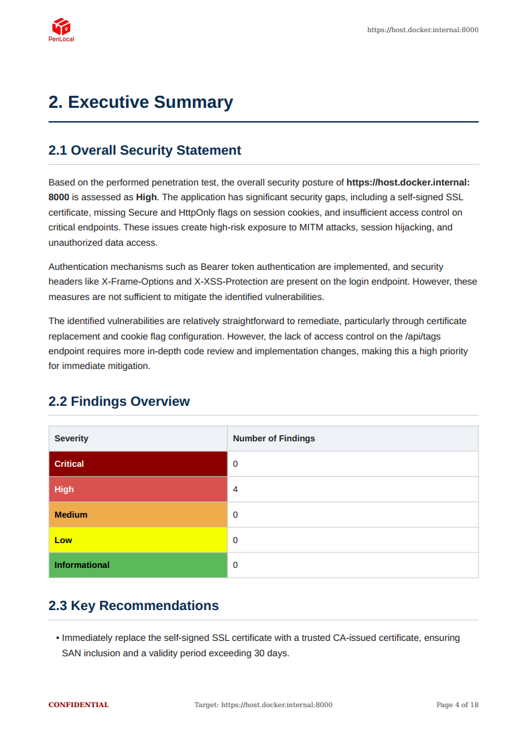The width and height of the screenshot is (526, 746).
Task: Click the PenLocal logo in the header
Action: [x=61, y=29]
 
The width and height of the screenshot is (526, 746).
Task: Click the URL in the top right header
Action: [x=422, y=29]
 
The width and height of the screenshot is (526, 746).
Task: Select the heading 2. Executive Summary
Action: [x=141, y=102]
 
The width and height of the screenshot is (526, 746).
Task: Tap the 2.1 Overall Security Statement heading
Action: [x=145, y=150]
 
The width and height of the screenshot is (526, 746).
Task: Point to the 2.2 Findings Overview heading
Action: [x=119, y=401]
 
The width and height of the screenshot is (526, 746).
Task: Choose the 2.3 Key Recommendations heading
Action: [x=133, y=605]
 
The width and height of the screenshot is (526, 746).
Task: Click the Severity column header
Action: [x=71, y=439]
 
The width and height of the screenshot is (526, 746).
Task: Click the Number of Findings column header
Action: [x=273, y=439]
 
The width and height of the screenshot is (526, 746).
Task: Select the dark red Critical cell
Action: [x=137, y=464]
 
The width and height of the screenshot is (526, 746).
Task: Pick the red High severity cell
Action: [x=137, y=490]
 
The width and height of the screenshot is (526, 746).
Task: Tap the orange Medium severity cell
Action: [x=137, y=515]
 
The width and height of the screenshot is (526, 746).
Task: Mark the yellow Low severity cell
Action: [x=137, y=540]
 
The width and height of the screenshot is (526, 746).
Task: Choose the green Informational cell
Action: [x=137, y=565]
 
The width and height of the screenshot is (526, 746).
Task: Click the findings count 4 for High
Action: [x=235, y=490]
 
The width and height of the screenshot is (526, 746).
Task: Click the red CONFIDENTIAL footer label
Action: [x=78, y=704]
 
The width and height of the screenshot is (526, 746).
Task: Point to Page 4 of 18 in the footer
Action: [x=457, y=704]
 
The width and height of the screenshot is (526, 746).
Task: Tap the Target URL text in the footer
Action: [x=263, y=704]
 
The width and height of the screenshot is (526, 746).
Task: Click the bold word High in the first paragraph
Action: [x=146, y=198]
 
